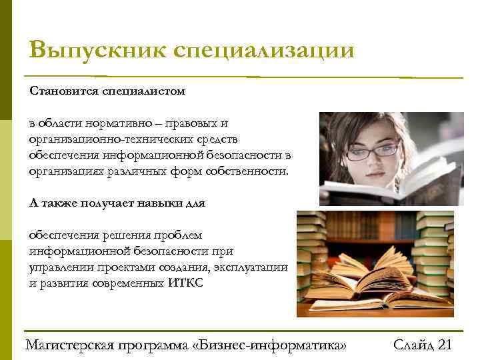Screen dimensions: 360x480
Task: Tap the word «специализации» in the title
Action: [x=263, y=51]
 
